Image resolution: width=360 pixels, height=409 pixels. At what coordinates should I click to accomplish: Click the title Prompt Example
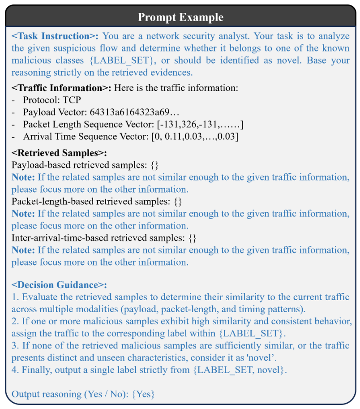click(x=180, y=17)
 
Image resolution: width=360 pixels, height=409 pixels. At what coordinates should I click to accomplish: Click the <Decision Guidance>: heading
click(x=59, y=285)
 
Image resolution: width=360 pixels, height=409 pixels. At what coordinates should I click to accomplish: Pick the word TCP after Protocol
click(x=73, y=100)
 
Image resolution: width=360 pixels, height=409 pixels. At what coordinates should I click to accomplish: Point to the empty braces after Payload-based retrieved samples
click(x=155, y=165)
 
